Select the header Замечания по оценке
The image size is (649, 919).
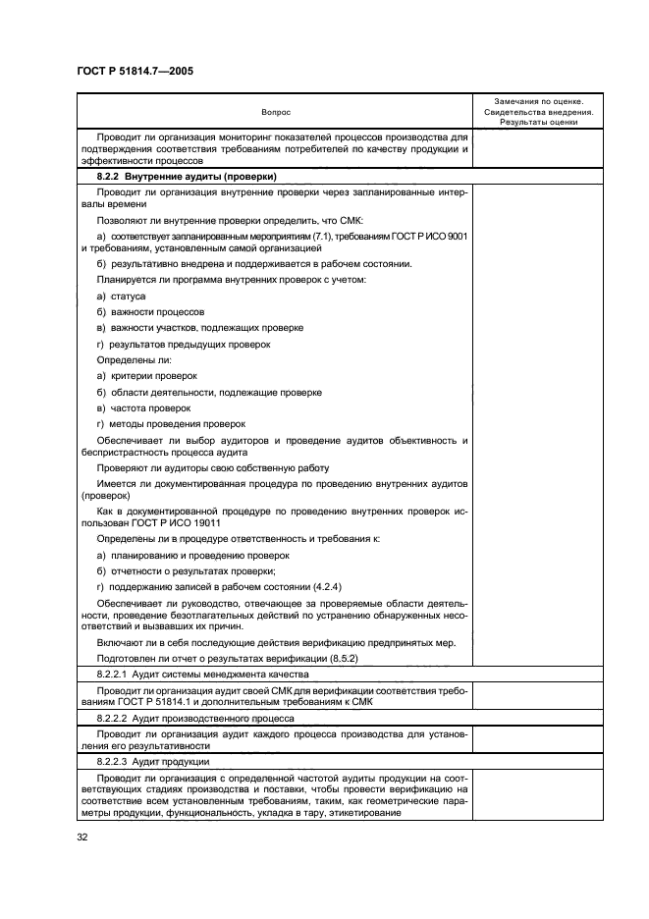pyautogui.click(x=539, y=101)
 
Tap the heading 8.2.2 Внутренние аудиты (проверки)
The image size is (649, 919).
pyautogui.click(x=173, y=176)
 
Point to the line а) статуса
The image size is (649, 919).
pyautogui.click(x=120, y=296)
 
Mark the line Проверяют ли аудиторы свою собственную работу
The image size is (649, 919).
pyautogui.click(x=212, y=468)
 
